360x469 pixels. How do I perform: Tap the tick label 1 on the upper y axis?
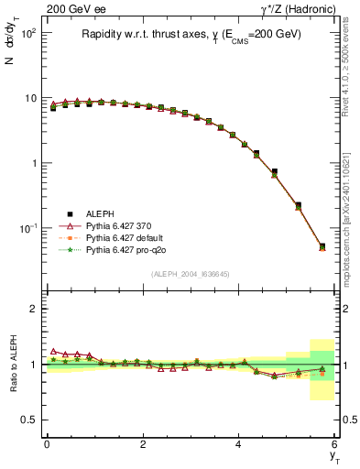pos(33,163)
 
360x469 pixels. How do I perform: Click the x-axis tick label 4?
pos(238,444)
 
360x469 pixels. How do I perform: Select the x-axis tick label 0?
pos(47,444)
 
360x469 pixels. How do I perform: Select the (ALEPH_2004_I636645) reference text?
pos(191,274)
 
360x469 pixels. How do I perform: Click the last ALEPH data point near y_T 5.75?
pos(322,245)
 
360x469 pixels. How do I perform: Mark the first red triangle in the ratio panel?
pos(53,351)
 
